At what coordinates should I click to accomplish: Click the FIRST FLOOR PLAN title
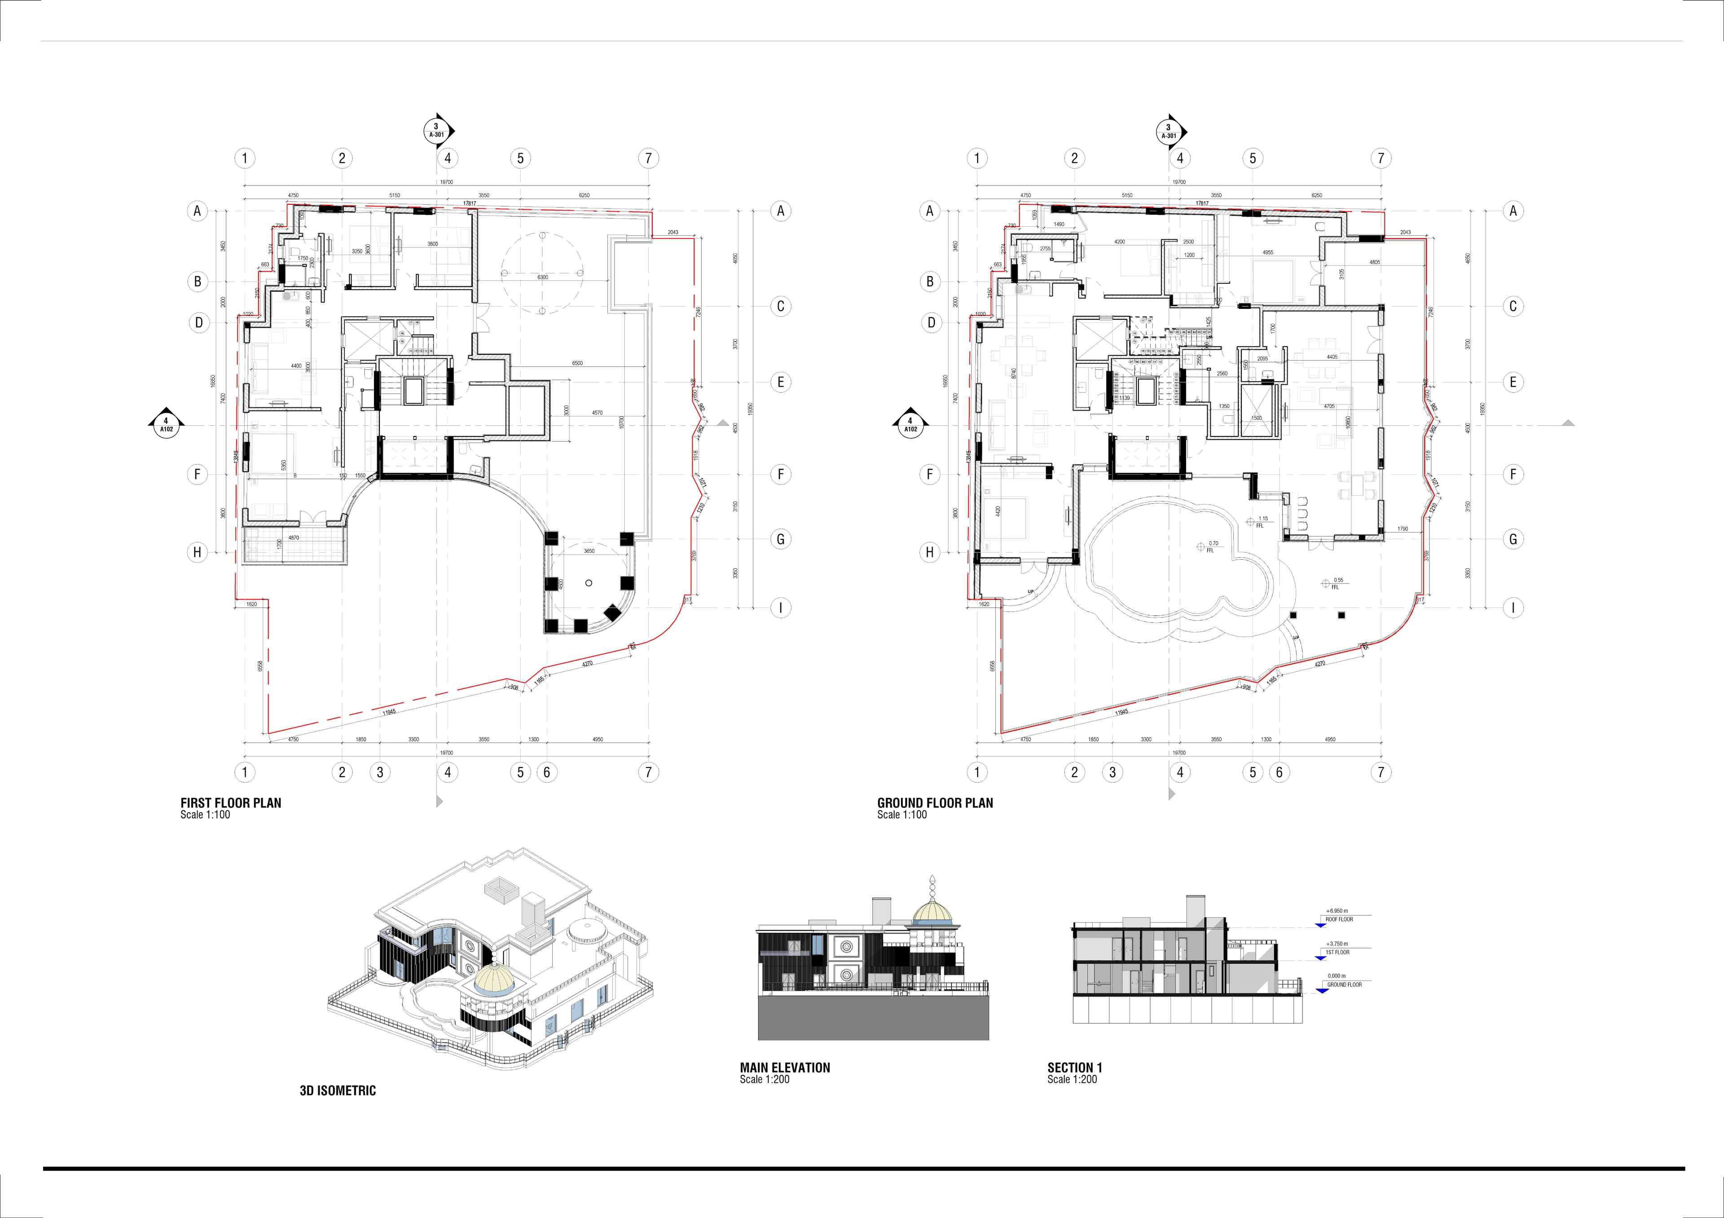[230, 803]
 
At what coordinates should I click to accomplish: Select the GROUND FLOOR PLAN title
[935, 803]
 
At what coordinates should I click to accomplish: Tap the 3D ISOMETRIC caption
[338, 1090]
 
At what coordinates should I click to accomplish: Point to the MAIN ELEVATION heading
[785, 1067]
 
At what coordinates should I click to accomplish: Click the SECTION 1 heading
[1074, 1067]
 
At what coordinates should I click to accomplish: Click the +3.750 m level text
[1337, 944]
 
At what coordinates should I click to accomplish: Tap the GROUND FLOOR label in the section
[1344, 984]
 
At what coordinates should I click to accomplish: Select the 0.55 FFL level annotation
[1338, 580]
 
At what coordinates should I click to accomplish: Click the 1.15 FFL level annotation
[1263, 519]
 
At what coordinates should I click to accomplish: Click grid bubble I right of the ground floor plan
[1513, 608]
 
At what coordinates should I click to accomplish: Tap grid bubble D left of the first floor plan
[198, 323]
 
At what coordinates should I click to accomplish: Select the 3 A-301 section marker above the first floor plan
[435, 131]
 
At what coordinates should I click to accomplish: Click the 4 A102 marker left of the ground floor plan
[910, 425]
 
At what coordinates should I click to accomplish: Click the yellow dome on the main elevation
[932, 912]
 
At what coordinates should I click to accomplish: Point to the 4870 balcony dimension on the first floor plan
[294, 538]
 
